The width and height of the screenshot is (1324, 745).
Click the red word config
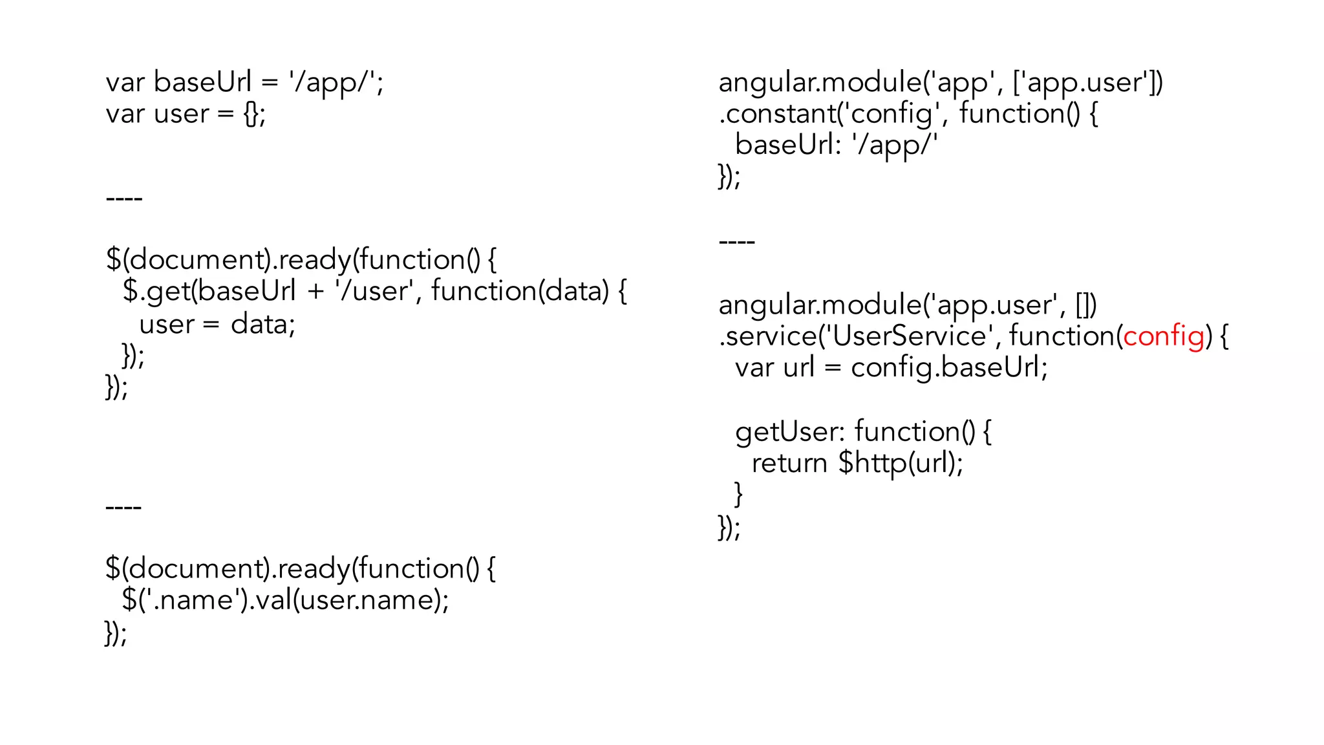1164,336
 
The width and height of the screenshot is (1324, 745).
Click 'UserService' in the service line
911,336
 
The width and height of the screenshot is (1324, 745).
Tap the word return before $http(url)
789,463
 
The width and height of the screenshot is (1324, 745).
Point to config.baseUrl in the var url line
948,368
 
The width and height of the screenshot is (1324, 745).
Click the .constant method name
776,114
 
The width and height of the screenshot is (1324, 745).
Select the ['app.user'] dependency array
1086,83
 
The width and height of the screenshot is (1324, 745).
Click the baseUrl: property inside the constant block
787,145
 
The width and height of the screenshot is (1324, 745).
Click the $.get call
155,291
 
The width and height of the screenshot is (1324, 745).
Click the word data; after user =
262,324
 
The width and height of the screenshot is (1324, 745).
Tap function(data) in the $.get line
520,291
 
